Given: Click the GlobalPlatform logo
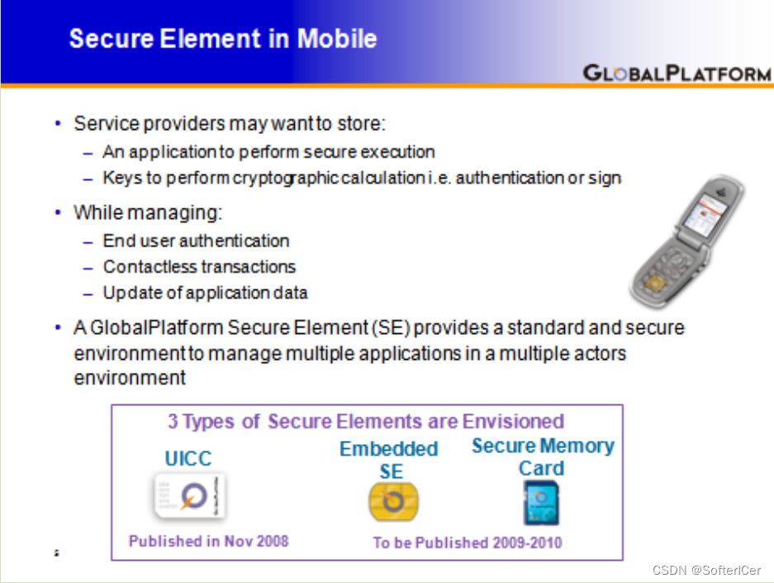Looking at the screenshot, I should click(x=677, y=73).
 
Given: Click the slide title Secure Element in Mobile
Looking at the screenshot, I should click(x=223, y=39).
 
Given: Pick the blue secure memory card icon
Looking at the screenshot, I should click(x=541, y=502).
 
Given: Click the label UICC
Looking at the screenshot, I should click(x=188, y=459).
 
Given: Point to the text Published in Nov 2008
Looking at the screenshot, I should click(x=208, y=541).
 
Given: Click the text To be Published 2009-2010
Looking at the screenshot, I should click(x=467, y=542).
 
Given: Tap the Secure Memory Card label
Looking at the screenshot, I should click(x=542, y=456).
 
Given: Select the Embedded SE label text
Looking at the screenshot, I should click(x=389, y=460).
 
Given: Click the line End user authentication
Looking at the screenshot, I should click(x=196, y=241).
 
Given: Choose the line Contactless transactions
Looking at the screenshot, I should click(x=199, y=267).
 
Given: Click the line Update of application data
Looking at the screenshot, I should click(x=205, y=293).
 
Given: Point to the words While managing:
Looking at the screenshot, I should click(x=148, y=213).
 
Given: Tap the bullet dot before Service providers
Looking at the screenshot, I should click(x=58, y=124).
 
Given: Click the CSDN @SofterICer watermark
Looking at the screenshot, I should click(x=706, y=571).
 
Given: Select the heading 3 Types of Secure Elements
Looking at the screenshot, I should click(x=366, y=421).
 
